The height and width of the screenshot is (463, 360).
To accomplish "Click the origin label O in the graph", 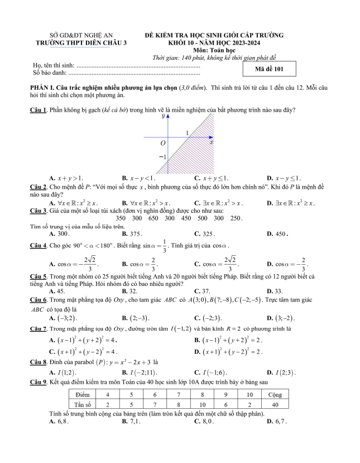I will point(162,144).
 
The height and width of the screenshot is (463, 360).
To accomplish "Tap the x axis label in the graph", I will point(212,142).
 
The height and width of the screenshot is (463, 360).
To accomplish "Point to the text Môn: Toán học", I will point(214,50).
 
